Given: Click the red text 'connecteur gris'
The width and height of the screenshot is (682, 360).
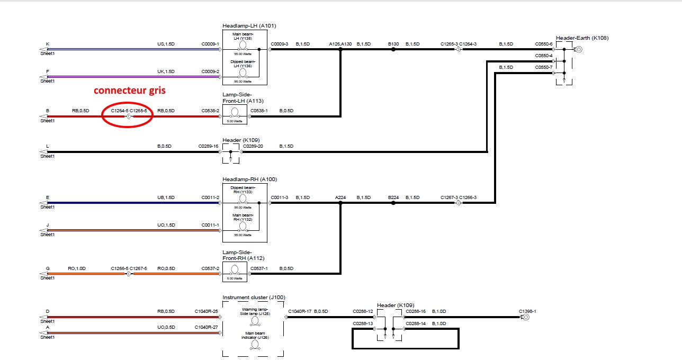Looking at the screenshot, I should coord(130,91).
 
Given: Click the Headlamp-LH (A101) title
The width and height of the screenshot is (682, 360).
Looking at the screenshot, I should coord(249,26).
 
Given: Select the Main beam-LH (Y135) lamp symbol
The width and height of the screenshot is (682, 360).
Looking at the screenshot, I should coord(243,45).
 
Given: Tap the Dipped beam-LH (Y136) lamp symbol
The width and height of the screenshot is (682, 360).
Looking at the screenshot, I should coord(243,72).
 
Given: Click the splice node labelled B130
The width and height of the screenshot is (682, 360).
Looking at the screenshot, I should coord(393,49).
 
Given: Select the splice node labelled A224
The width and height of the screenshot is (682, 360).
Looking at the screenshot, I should coord(340,202).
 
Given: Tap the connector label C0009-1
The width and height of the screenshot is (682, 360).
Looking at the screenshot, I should coord(210,44).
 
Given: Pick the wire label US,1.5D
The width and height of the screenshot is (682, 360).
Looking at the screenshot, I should coord(166,44).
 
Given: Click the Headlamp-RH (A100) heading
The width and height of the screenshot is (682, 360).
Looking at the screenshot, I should coord(249,179).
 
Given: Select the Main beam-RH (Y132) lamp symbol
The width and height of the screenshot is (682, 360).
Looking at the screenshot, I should coord(243,226).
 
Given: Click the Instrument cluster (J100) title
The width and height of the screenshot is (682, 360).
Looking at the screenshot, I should coord(254,298).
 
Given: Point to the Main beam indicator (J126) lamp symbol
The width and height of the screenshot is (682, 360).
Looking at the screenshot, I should coord(255,344).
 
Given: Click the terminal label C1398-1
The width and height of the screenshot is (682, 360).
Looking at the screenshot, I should coord(527,311).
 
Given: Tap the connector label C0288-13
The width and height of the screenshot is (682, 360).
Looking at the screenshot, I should coord(363,323).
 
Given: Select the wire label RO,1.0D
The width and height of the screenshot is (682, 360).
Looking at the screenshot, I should coord(77,268).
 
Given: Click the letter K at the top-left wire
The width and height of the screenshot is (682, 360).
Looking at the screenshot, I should coord(48,44).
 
